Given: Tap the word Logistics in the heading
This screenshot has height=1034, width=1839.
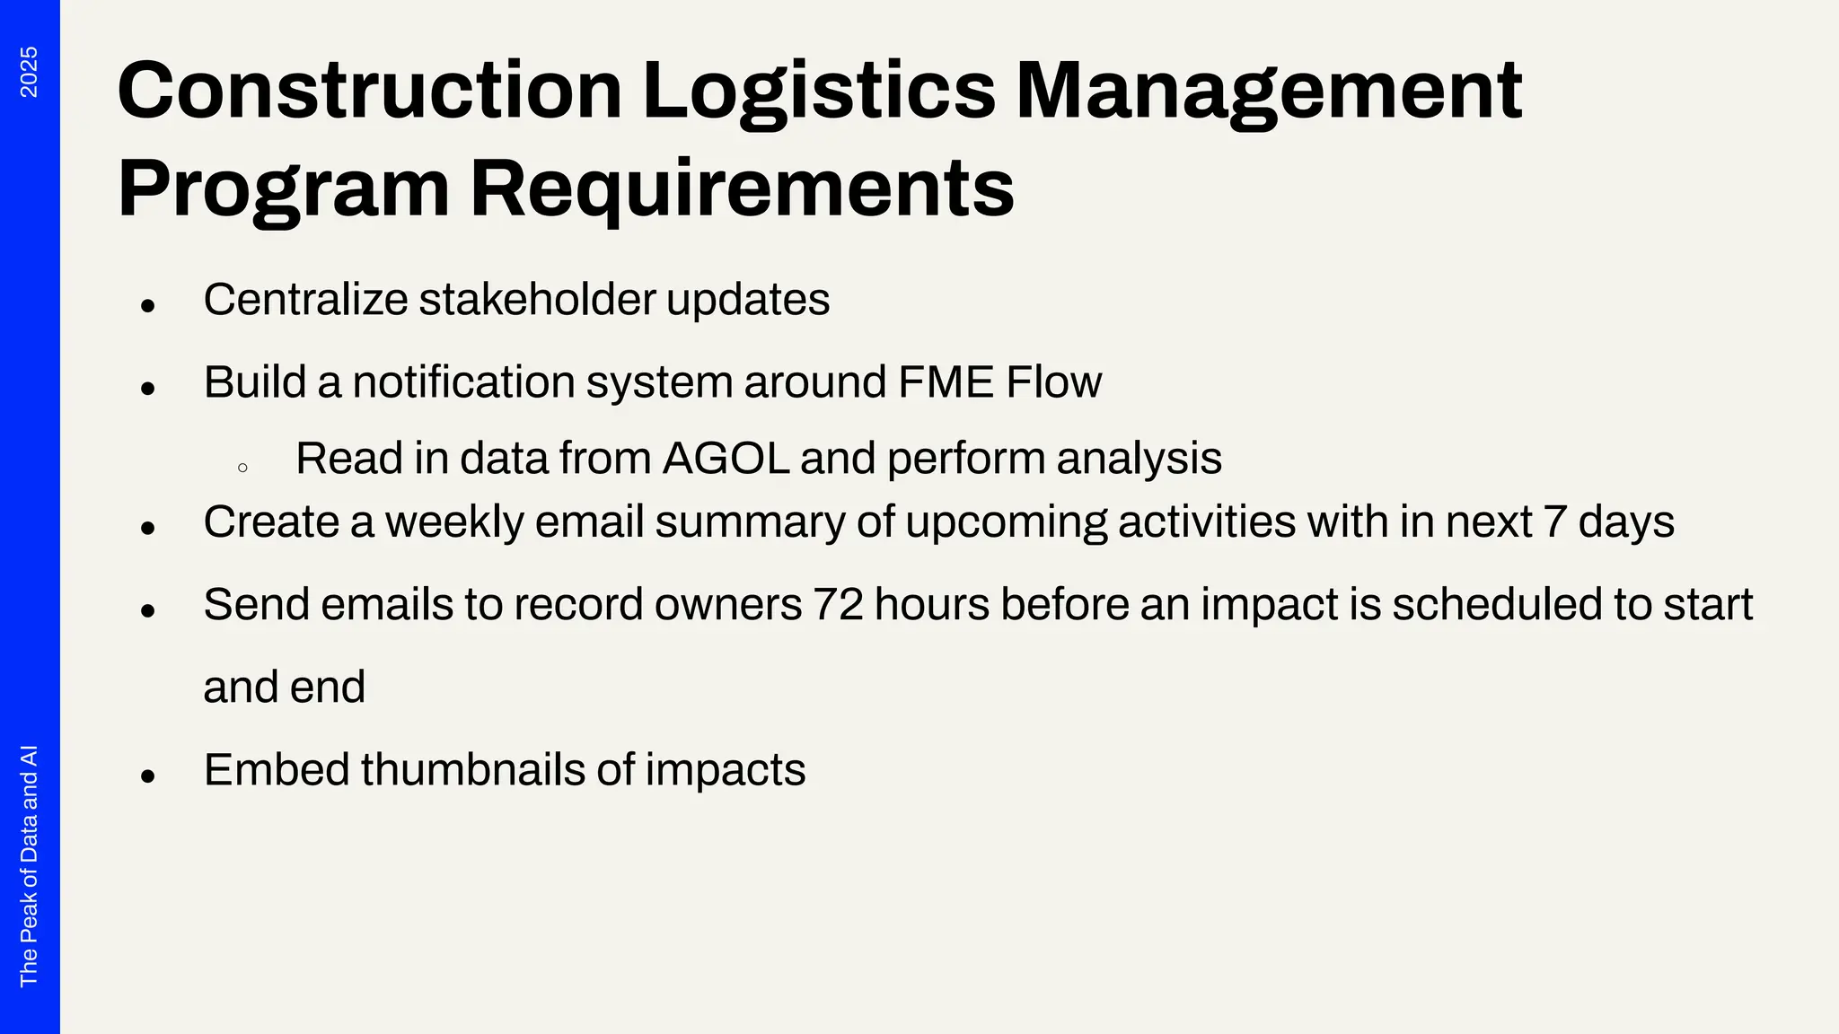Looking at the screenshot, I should (818, 91).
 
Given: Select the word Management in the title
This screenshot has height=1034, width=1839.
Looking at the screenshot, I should (1268, 91).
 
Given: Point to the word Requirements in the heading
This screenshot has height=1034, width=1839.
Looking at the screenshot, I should (742, 189).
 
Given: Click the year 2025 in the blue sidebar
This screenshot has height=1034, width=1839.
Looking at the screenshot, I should (29, 72).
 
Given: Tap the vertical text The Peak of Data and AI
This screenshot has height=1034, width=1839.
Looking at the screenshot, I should (29, 865).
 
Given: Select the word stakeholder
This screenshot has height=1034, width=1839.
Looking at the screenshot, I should (537, 300).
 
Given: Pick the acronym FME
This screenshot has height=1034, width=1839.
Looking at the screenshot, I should (946, 382).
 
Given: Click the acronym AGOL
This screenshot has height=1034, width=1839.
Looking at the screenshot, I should (726, 459).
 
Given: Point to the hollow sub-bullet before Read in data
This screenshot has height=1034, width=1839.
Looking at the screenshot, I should (242, 468).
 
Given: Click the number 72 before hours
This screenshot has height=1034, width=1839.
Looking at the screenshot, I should (838, 605).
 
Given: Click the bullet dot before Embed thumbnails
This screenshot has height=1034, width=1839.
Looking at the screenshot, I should (148, 775).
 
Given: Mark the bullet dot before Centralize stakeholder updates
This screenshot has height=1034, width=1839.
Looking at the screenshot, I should (148, 306).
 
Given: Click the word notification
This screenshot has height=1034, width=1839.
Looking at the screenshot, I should (463, 382).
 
